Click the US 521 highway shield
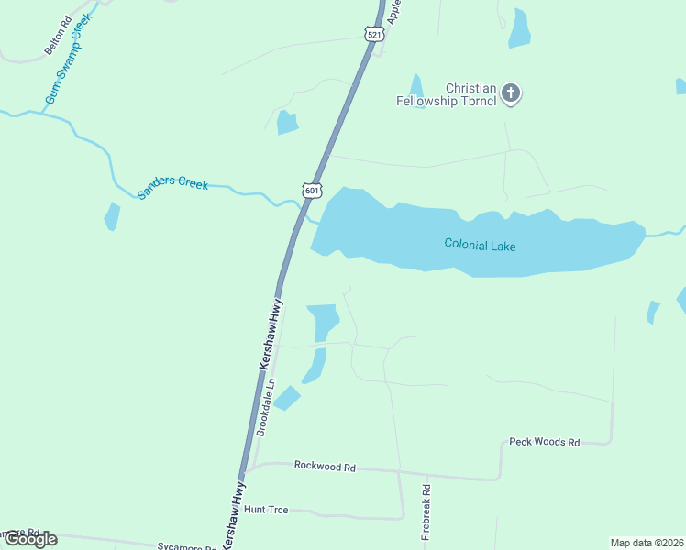(373, 35)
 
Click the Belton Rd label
(58, 34)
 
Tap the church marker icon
(512, 93)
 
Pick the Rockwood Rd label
(325, 466)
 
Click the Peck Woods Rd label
(545, 442)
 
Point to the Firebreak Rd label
(426, 511)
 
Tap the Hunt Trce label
(266, 509)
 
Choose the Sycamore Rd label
(186, 545)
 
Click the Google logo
(30, 539)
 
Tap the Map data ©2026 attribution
(647, 543)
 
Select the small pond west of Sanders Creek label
(112, 217)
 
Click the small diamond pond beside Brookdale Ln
(286, 398)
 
